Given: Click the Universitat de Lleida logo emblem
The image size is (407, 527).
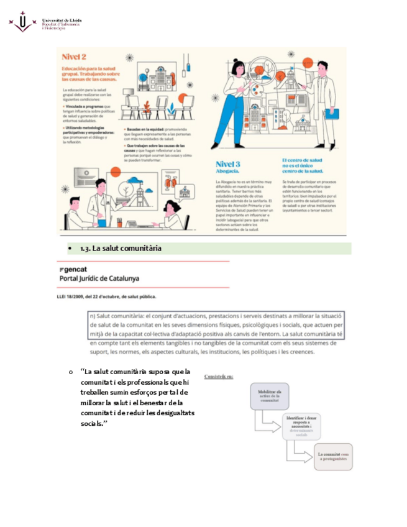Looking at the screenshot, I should tap(23, 22).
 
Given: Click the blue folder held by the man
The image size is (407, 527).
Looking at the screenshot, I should tap(332, 114).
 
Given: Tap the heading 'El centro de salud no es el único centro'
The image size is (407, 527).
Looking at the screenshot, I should tap(304, 164).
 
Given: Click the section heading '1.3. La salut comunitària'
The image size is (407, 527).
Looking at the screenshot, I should tap(121, 249).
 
